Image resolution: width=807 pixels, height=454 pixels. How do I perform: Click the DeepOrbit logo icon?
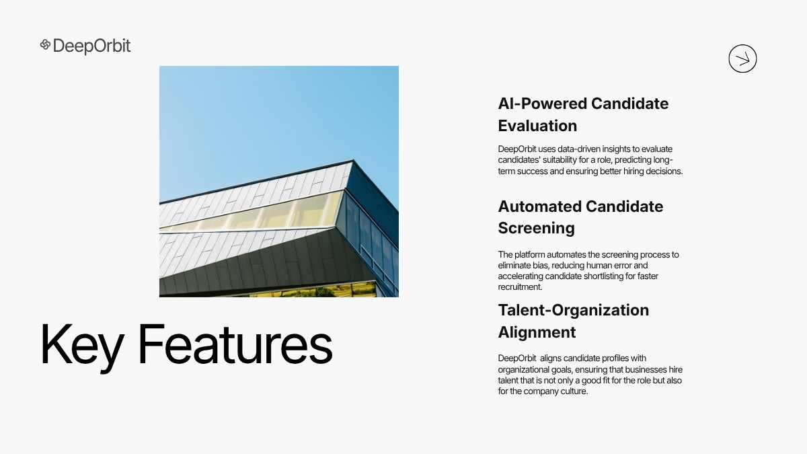tap(45, 44)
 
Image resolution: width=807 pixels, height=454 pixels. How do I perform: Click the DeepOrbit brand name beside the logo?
tap(92, 46)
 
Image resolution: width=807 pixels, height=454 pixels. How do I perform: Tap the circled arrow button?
tap(742, 59)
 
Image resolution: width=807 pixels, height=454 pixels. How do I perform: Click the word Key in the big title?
tap(82, 345)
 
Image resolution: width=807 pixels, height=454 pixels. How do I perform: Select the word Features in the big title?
tap(235, 344)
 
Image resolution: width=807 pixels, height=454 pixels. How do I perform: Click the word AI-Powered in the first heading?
tap(542, 104)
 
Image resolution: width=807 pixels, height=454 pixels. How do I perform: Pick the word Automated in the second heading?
tap(539, 207)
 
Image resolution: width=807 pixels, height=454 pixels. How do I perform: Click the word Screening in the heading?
tap(537, 229)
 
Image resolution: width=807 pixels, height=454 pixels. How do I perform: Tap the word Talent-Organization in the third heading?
tap(574, 310)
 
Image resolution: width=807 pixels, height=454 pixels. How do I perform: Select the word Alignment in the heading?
tap(537, 332)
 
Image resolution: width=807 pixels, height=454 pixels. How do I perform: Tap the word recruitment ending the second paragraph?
tap(521, 287)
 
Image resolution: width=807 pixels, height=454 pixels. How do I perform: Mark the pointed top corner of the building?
tap(352, 160)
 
